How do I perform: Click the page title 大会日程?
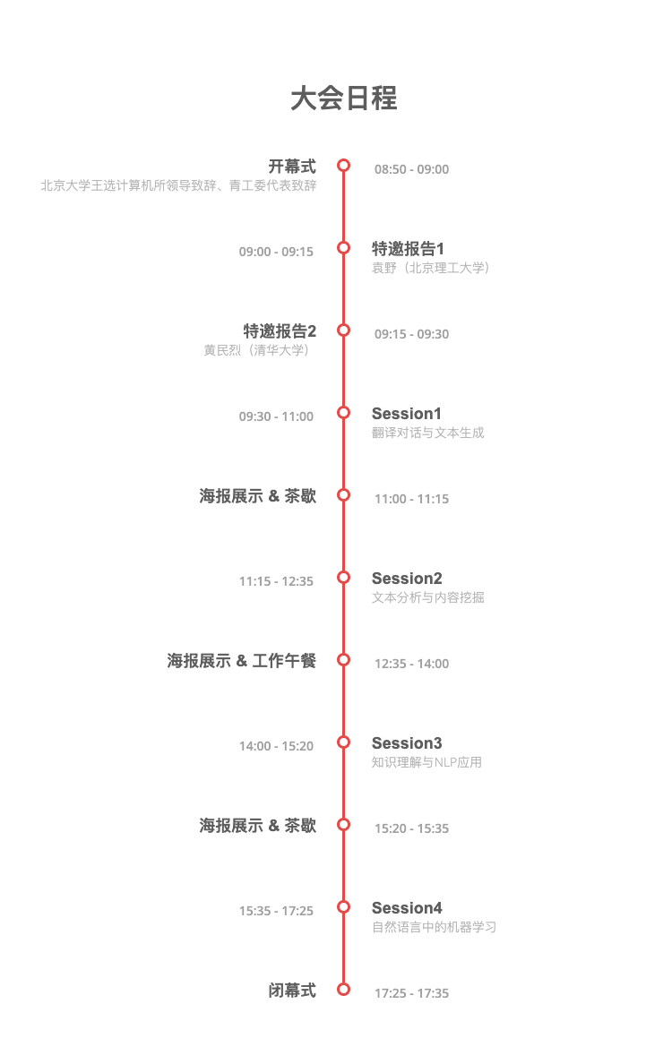click(x=343, y=99)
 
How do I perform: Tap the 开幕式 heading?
click(x=292, y=167)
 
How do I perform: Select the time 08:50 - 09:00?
click(x=411, y=169)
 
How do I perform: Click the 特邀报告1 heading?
click(x=408, y=248)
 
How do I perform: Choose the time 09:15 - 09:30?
click(x=411, y=334)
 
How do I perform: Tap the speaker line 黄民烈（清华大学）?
click(x=260, y=350)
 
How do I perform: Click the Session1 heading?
click(x=407, y=414)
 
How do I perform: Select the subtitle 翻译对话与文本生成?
click(x=428, y=433)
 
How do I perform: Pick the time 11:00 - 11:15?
click(x=411, y=499)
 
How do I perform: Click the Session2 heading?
click(x=407, y=579)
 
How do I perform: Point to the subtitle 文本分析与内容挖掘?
click(x=428, y=597)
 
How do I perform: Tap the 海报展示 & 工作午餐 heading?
click(x=241, y=661)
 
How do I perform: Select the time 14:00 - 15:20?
click(x=276, y=746)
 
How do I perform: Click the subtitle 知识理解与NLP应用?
click(x=426, y=762)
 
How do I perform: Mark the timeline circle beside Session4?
click(x=343, y=906)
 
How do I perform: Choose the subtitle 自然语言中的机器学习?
click(x=434, y=927)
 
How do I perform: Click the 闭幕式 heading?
click(x=292, y=991)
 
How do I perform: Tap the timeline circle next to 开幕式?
click(x=343, y=165)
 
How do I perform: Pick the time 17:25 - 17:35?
click(x=411, y=993)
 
